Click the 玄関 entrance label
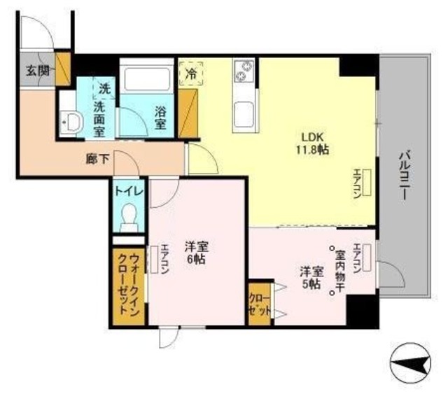pyautogui.click(x=38, y=70)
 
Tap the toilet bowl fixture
pyautogui.click(x=129, y=217)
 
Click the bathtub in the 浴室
pyautogui.click(x=146, y=77)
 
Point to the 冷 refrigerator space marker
pyautogui.click(x=190, y=73)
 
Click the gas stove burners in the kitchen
pyautogui.click(x=244, y=71)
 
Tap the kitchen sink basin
pyautogui.click(x=244, y=115)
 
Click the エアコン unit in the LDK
pyautogui.click(x=367, y=182)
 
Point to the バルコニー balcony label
pyautogui.click(x=405, y=174)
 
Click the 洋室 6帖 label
pyautogui.click(x=197, y=252)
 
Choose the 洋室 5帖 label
pyautogui.click(x=311, y=277)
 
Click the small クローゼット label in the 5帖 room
pyautogui.click(x=260, y=304)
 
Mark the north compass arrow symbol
pyautogui.click(x=411, y=364)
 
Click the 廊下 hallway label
pyautogui.click(x=98, y=159)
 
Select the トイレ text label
pyautogui.click(x=129, y=191)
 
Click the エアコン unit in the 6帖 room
pyautogui.click(x=154, y=260)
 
